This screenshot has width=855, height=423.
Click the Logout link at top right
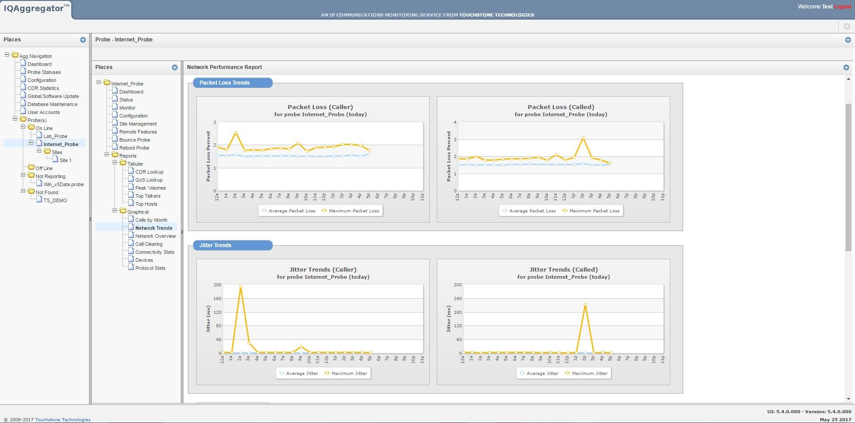843,7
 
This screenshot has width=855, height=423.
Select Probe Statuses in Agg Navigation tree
44,72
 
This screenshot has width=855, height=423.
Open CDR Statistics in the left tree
43,88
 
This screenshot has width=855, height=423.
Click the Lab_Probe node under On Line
55,136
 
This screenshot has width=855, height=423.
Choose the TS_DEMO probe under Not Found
55,200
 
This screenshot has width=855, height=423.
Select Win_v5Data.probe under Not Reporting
63,184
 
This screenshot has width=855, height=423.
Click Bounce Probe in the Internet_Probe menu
134,140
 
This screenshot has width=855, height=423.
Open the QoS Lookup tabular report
149,180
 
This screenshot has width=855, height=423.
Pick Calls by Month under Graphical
151,220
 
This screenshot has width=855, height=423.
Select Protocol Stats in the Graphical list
150,268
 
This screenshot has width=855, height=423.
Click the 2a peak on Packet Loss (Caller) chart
236,133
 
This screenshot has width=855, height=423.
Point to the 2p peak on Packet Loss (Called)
583,138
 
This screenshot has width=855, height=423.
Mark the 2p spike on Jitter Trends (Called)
585,305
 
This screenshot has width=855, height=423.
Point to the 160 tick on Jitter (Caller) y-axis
217,299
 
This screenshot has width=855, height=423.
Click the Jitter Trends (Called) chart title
563,269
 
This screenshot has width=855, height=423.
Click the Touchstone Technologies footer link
62,419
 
